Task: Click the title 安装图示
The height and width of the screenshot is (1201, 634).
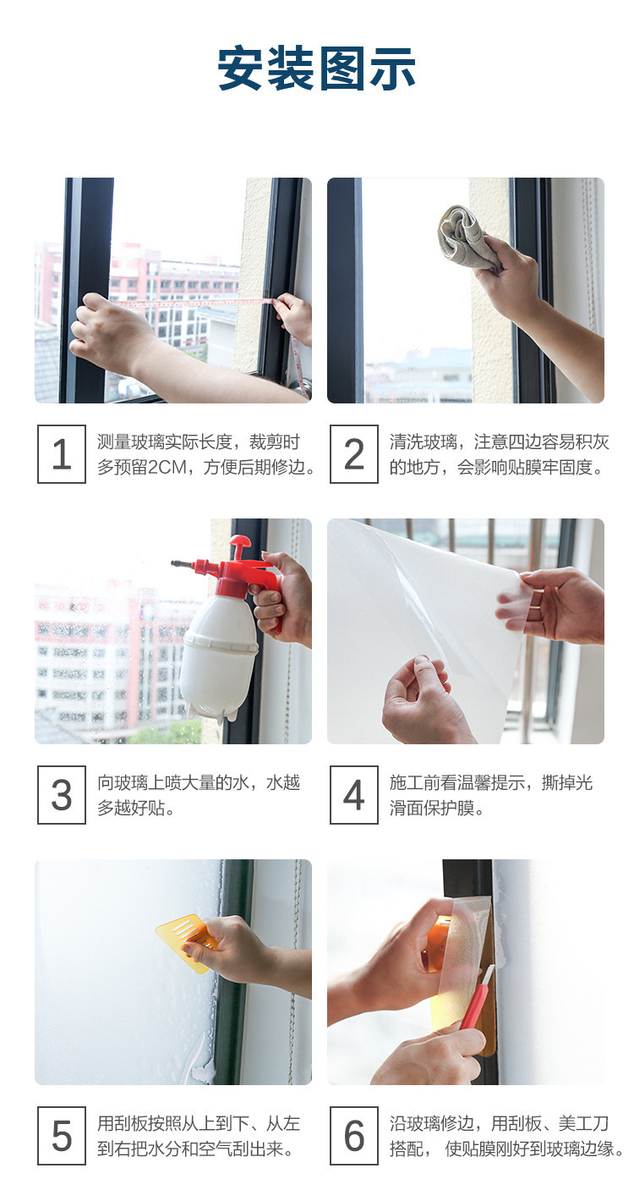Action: coord(316,69)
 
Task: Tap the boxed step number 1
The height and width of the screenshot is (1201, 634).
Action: coord(62,453)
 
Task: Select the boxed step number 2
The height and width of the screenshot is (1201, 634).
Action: coord(353,453)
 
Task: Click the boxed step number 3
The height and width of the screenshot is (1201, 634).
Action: coord(62,794)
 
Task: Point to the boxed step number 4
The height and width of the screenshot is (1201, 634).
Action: coord(353,794)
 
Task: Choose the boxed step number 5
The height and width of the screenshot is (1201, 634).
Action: coord(62,1136)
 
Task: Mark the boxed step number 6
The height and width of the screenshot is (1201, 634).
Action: coord(353,1136)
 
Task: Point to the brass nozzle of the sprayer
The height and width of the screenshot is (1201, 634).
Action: coord(183,564)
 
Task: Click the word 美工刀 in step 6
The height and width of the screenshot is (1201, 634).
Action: coord(583,1123)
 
